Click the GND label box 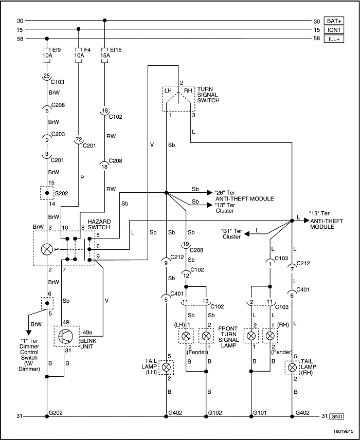[x=337, y=416]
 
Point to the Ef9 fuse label [x=57, y=51]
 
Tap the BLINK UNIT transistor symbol [x=66, y=336]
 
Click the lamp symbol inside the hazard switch [x=47, y=250]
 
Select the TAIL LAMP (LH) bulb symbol [x=166, y=368]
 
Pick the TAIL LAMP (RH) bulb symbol [x=292, y=368]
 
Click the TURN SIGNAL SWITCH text [x=208, y=94]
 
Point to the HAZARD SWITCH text [x=98, y=224]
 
